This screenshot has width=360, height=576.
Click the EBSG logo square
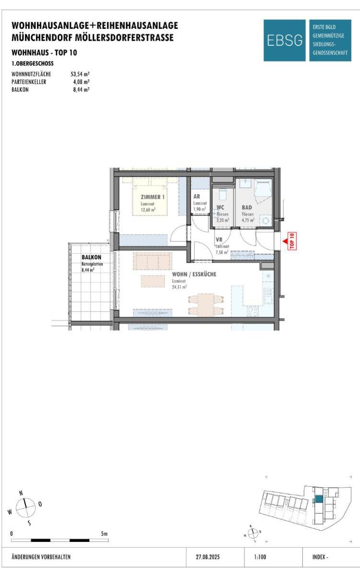coord(284,40)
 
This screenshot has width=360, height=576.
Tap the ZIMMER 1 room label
coord(153,197)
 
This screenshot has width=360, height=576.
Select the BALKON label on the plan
coord(91,257)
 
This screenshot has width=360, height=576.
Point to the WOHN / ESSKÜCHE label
coord(194,274)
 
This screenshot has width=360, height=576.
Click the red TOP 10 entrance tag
coord(292,241)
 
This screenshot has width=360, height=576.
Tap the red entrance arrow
coord(285,241)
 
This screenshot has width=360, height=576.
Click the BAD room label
coord(247,207)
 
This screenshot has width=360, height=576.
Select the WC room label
coord(220,207)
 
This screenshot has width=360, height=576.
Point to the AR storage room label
coord(197,196)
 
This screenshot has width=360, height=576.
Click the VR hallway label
coord(219,240)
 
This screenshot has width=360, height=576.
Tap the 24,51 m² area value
coord(179,287)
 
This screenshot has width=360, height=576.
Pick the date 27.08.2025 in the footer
coord(208,557)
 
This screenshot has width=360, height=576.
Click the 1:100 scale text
coord(260,557)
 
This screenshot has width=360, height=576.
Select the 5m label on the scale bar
coord(104,534)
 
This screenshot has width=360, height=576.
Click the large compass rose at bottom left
coord(26,508)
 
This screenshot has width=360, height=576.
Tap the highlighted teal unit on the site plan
coord(319,499)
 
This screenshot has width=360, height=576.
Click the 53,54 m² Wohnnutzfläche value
coord(80,74)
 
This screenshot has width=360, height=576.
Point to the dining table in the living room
coord(206,305)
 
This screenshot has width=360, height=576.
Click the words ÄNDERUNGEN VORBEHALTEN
coord(41,557)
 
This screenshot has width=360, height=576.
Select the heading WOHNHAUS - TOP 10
coord(44,53)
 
